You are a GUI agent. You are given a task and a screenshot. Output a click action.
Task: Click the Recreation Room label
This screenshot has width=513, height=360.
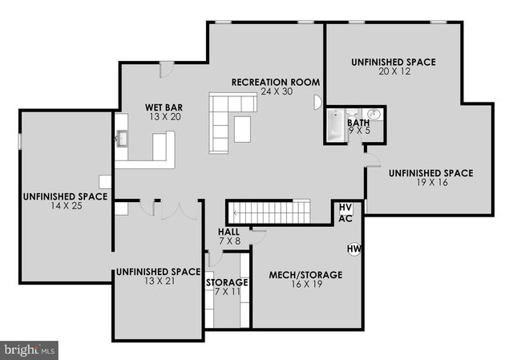pyautogui.click(x=275, y=82)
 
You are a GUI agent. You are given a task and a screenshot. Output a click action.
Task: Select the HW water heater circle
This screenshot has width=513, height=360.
pyautogui.click(x=353, y=249)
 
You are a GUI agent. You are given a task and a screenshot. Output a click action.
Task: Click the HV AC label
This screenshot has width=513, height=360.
pyautogui.click(x=345, y=212)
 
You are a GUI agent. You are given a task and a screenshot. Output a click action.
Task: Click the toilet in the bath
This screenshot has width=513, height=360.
pyautogui.click(x=374, y=115)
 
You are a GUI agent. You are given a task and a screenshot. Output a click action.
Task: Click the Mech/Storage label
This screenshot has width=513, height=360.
pyautogui.click(x=305, y=275)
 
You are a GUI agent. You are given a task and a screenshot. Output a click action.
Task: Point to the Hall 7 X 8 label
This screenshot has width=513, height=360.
pyautogui.click(x=229, y=237)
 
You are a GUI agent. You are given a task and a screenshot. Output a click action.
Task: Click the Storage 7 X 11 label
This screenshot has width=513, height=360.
pyautogui.click(x=227, y=287)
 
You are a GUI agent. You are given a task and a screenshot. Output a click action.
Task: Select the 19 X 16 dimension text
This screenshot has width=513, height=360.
pyautogui.click(x=430, y=183)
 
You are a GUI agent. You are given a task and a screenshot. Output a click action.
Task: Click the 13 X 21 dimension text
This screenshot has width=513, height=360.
pyautogui.click(x=156, y=282)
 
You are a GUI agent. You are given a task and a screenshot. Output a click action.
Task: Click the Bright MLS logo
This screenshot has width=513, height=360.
pyautogui.click(x=30, y=350)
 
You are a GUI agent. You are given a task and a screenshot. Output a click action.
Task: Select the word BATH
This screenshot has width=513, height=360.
pyautogui.click(x=358, y=122)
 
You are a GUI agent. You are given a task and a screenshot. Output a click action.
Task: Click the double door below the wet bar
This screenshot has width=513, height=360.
pyautogui.click(x=179, y=209)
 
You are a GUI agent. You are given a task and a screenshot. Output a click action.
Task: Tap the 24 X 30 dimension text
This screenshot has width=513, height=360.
pyautogui.click(x=277, y=92)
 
